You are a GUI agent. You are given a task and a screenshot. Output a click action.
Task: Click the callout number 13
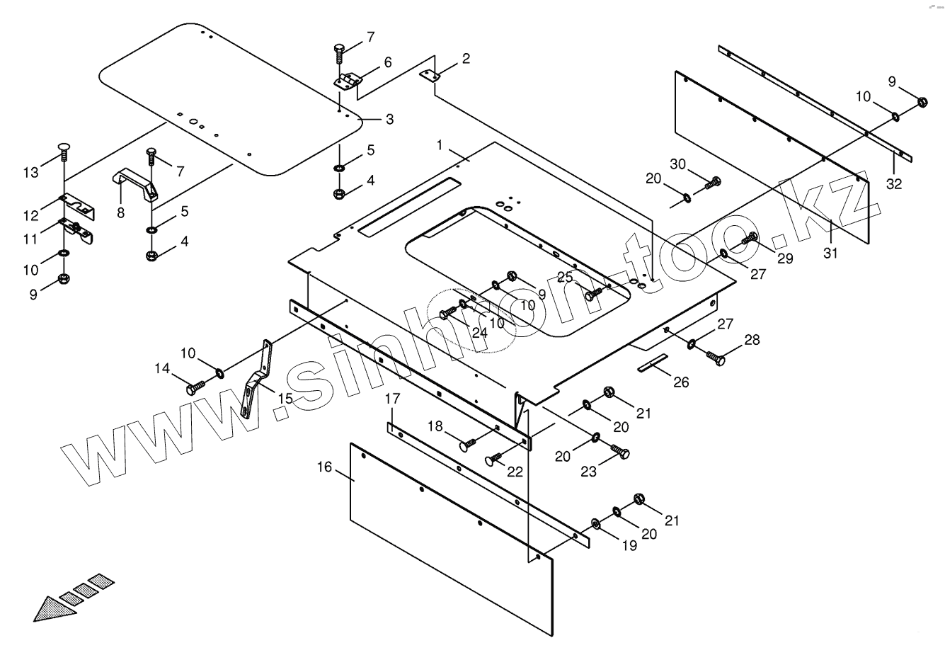pos(30,172)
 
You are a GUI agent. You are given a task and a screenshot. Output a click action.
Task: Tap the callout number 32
pos(894,183)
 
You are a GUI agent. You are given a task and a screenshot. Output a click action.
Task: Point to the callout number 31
pos(830,252)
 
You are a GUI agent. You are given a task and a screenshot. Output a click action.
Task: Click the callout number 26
pos(680,382)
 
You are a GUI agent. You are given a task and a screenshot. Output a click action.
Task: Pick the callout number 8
pos(121,212)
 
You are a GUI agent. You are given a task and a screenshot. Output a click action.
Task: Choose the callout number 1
pos(440,144)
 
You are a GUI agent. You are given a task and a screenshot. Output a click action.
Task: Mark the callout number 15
pos(285,399)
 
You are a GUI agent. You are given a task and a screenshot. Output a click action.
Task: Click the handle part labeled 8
pos(136,182)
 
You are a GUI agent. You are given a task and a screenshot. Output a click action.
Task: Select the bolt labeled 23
pos(620,451)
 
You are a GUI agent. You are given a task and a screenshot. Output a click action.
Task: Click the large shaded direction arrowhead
pos(53,606)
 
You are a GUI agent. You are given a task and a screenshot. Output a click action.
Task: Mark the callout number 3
pos(390,119)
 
